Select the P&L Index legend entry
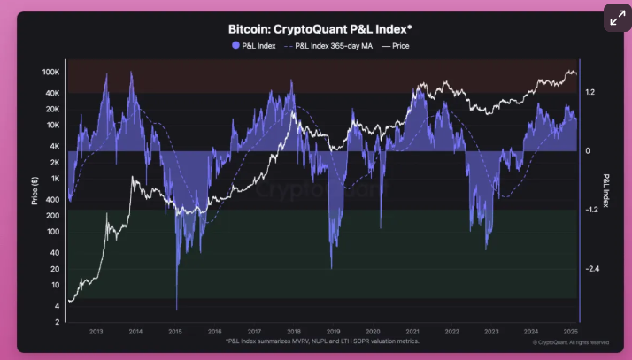[253, 45]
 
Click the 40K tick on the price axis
[51, 92]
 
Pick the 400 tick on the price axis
[53, 200]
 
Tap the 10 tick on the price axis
[55, 286]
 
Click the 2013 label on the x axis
[96, 331]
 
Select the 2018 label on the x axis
[293, 331]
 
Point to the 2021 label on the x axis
[412, 331]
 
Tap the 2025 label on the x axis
[570, 331]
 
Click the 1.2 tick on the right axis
[590, 91]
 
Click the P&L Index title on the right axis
[606, 190]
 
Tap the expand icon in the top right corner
[616, 18]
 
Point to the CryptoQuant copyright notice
[570, 341]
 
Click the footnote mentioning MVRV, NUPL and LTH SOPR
[322, 341]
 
